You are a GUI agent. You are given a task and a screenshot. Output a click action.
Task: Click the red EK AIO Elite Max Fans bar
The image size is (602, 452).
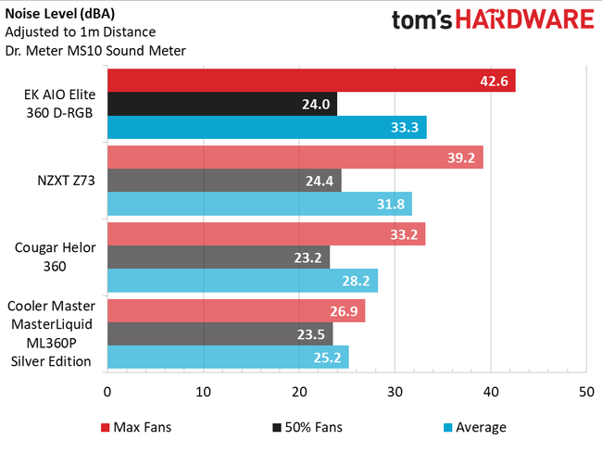pyautogui.click(x=311, y=81)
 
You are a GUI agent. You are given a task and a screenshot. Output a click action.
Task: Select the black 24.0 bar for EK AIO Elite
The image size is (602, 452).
pyautogui.click(x=222, y=105)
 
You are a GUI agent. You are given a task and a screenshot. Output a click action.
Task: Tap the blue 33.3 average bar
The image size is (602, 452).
pyautogui.click(x=267, y=129)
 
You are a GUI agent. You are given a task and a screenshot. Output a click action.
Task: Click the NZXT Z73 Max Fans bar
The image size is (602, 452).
pyautogui.click(x=295, y=157)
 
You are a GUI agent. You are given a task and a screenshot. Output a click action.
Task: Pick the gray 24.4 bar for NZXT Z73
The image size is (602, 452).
pyautogui.click(x=224, y=181)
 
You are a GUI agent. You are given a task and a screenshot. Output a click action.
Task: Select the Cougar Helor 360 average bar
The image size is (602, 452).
pyautogui.click(x=243, y=280)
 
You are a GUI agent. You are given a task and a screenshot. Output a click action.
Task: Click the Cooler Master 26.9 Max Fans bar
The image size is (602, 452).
pyautogui.click(x=236, y=310)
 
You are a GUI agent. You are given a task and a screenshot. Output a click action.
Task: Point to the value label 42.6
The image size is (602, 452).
pyautogui.click(x=495, y=82)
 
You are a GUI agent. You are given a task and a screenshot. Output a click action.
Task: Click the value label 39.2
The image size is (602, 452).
pyautogui.click(x=463, y=158)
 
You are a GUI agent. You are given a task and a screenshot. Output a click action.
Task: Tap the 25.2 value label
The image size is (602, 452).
pyautogui.click(x=331, y=357)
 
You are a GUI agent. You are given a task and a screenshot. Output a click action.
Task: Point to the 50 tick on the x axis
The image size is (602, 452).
pyautogui.click(x=585, y=392)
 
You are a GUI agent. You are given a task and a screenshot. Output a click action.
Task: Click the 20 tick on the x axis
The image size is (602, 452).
pyautogui.click(x=298, y=392)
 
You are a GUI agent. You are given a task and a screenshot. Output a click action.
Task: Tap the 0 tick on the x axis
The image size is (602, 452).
pyautogui.click(x=107, y=392)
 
